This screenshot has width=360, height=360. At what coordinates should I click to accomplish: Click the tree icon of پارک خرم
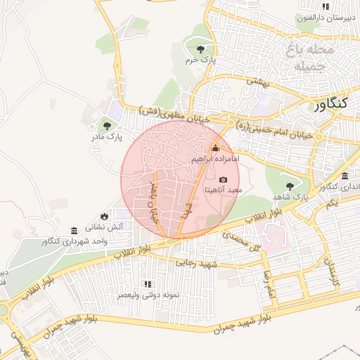click(x=202, y=49)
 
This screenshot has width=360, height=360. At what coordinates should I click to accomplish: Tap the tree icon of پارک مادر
click(x=107, y=126)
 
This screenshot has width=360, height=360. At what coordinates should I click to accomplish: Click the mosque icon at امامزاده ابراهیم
click(x=215, y=148)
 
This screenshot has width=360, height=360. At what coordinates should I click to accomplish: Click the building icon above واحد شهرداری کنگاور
click(x=75, y=231)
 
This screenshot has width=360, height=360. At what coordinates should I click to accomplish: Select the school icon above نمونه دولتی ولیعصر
click(x=148, y=284)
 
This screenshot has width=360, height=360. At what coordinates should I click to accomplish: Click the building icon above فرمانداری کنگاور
click(x=345, y=176)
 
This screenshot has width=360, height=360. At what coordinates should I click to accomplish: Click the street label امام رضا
click(x=268, y=282)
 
